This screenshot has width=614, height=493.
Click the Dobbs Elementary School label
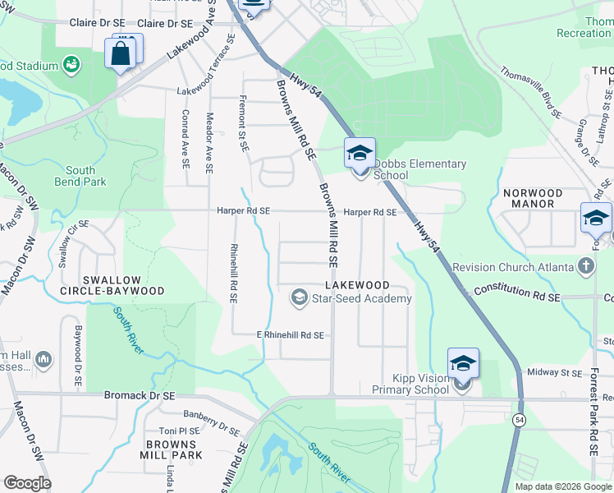coord(419,169)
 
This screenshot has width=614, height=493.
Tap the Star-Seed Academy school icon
coord(300,297)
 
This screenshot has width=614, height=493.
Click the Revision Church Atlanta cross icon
coord(585,266)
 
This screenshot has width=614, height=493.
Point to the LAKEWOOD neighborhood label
coord(356,284)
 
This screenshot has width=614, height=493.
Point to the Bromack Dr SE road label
coord(140,395)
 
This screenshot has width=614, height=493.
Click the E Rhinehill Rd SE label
coord(290,335)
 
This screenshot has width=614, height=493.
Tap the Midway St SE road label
coord(554,372)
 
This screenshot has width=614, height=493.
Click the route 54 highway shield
coord(519,420)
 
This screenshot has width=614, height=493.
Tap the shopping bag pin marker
coord(121,54)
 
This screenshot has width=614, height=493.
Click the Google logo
coord(27,483)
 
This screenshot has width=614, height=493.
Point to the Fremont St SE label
coord(243,124)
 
